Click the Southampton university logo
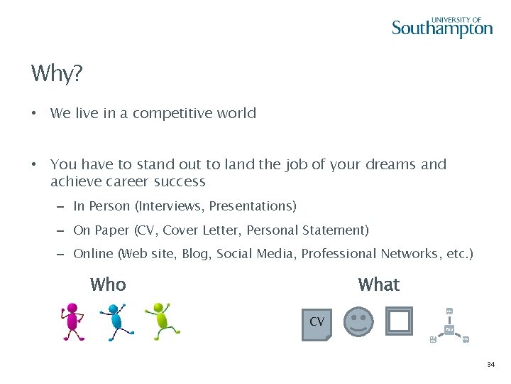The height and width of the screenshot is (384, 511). tap(441, 27)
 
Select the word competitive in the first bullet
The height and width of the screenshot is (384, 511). tap(172, 113)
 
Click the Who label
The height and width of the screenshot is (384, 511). tap(108, 284)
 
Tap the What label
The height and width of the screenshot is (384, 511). tap(379, 284)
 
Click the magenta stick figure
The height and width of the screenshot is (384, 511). tap(72, 321)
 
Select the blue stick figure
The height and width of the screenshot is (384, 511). tap(115, 321)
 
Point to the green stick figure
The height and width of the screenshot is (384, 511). tap(161, 320)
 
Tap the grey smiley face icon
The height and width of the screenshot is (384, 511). tap(358, 321)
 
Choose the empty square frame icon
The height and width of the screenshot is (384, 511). tap(399, 321)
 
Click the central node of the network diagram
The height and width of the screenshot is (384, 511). tap(449, 329)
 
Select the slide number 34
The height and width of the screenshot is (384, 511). tap(490, 365)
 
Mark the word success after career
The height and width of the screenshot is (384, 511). tap(179, 181)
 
